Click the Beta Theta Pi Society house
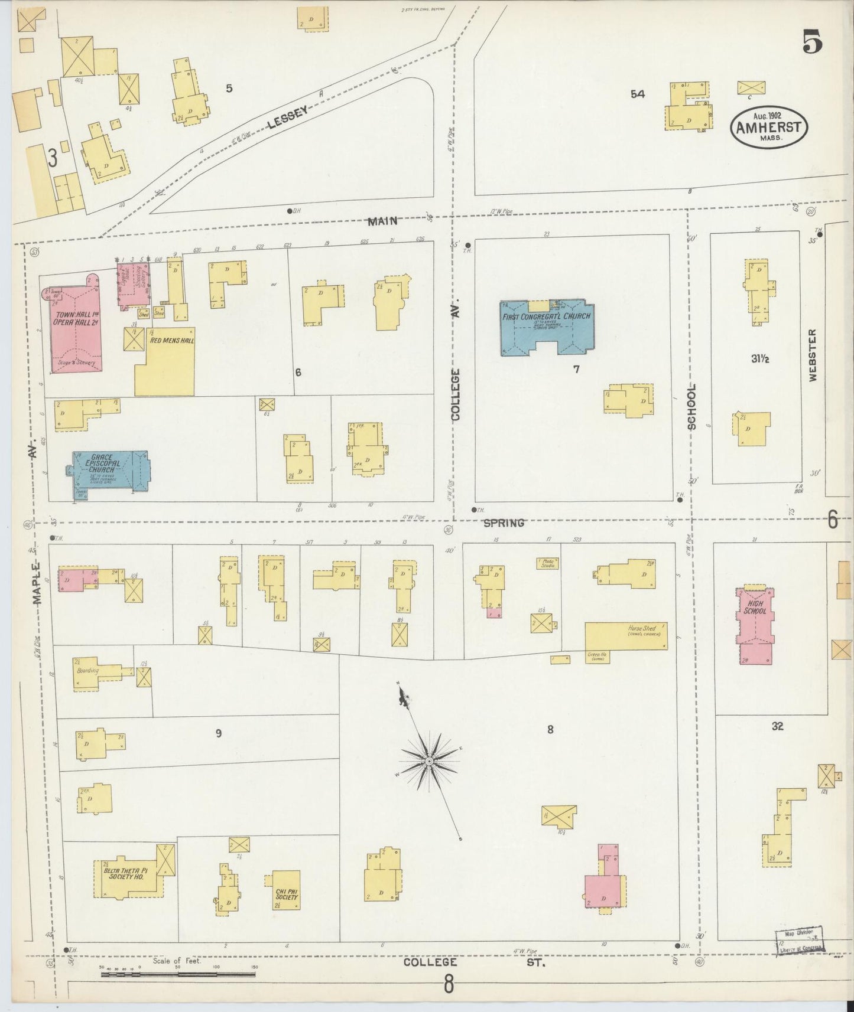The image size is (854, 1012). pyautogui.click(x=126, y=880)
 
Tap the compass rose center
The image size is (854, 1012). pyautogui.click(x=429, y=763)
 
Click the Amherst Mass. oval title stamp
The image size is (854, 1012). pyautogui.click(x=769, y=127)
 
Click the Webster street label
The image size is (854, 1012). pyautogui.click(x=813, y=355)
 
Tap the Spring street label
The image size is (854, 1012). pyautogui.click(x=504, y=523)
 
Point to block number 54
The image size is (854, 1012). pyautogui.click(x=637, y=94)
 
